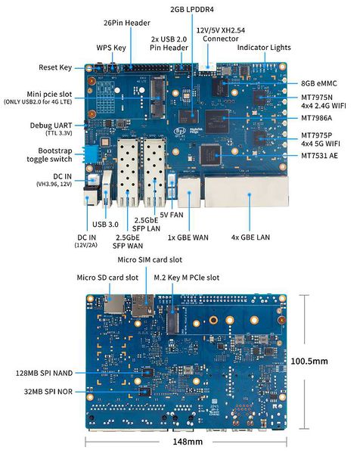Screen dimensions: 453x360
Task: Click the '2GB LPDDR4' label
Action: click(194, 10)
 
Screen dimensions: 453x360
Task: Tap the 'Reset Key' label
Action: click(54, 67)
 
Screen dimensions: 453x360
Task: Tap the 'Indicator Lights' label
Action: click(264, 47)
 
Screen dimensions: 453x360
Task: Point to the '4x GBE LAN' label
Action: click(251, 236)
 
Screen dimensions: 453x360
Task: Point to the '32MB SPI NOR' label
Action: click(51, 392)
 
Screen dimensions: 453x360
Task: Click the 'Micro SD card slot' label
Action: click(107, 278)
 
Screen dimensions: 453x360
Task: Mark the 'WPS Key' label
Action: click(111, 47)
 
